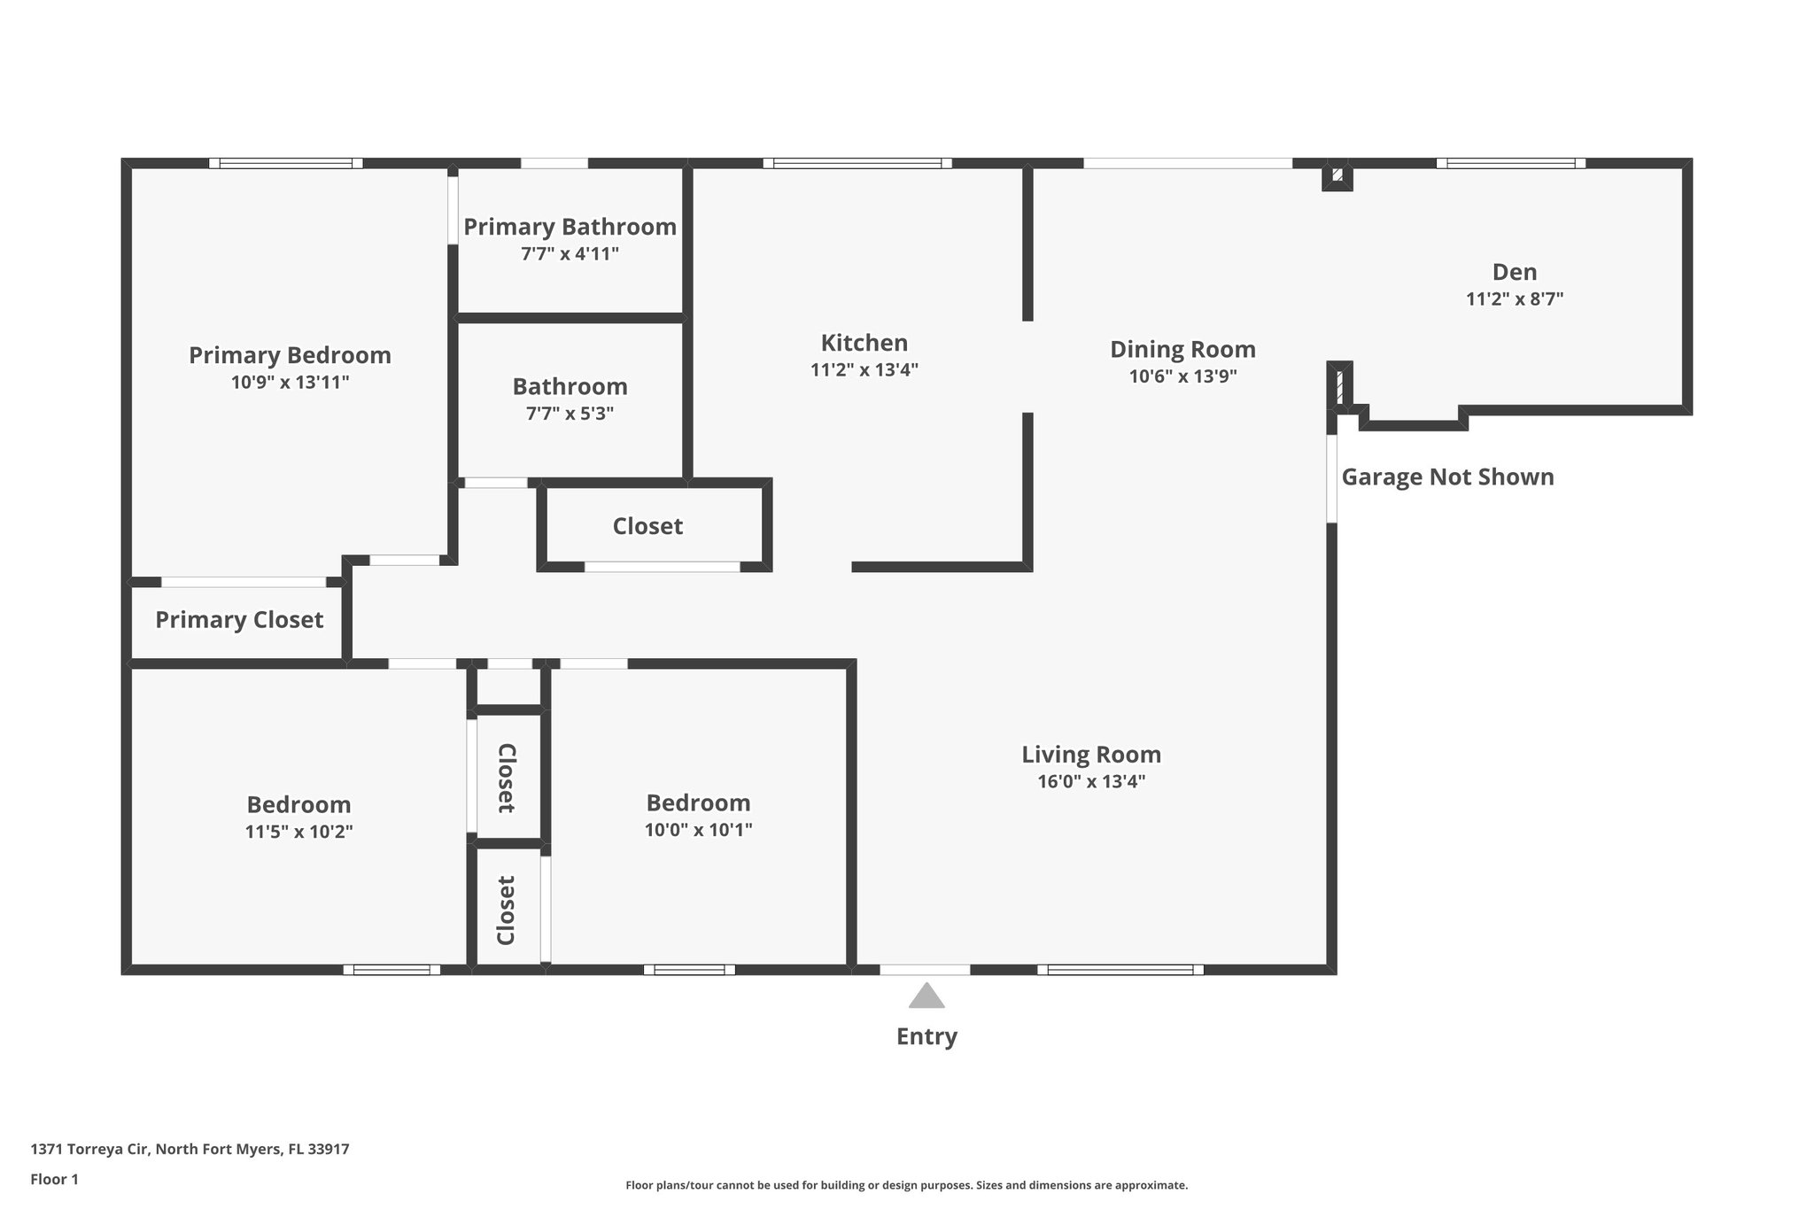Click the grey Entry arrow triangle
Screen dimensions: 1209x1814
(x=926, y=996)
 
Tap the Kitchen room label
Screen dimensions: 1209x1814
(x=864, y=343)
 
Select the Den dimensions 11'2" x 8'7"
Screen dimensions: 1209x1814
(x=1514, y=299)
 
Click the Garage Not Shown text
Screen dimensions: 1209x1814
(x=1447, y=477)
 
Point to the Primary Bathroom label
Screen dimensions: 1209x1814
(x=570, y=227)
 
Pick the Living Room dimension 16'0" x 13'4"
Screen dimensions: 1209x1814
(x=1091, y=781)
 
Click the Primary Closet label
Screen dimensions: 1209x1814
(x=239, y=620)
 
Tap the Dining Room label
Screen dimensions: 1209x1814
(x=1182, y=349)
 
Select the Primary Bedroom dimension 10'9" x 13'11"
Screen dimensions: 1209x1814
(x=290, y=383)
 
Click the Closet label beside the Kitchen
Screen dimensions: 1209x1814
(x=647, y=526)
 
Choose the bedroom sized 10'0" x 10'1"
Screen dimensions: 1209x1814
(x=698, y=815)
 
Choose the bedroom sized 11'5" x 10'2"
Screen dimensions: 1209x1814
(x=298, y=817)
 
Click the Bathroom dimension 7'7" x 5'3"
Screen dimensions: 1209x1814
(x=570, y=414)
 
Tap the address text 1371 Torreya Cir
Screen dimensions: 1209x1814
(x=190, y=1149)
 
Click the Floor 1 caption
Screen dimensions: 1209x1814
(x=54, y=1179)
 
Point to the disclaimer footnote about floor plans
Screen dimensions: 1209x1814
(x=906, y=1185)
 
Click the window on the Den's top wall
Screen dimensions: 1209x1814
(x=1510, y=163)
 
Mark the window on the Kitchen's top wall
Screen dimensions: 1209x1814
(x=857, y=163)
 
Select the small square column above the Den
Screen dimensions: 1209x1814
(x=1337, y=175)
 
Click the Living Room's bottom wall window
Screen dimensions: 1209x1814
(x=1120, y=970)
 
